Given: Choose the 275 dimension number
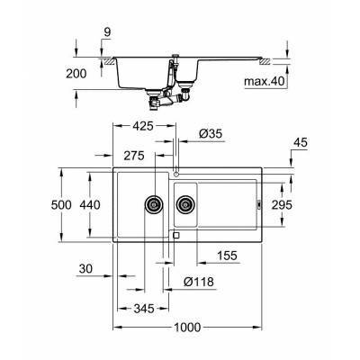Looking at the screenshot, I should click(x=135, y=155).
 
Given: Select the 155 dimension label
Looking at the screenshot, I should click(x=227, y=256).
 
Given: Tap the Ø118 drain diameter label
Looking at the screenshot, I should click(x=200, y=282).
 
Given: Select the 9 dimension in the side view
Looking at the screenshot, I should click(x=107, y=33).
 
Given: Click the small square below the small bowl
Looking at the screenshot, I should click(x=174, y=236).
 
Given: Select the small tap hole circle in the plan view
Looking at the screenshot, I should click(x=176, y=170).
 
